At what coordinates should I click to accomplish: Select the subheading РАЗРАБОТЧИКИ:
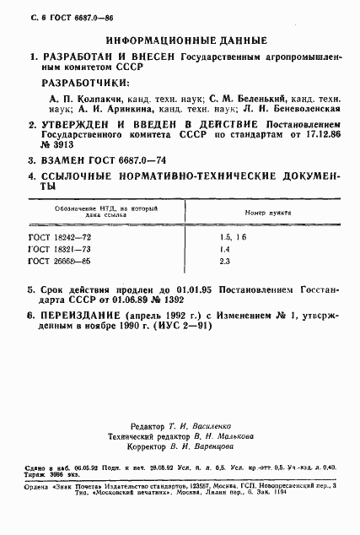point(86,84)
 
